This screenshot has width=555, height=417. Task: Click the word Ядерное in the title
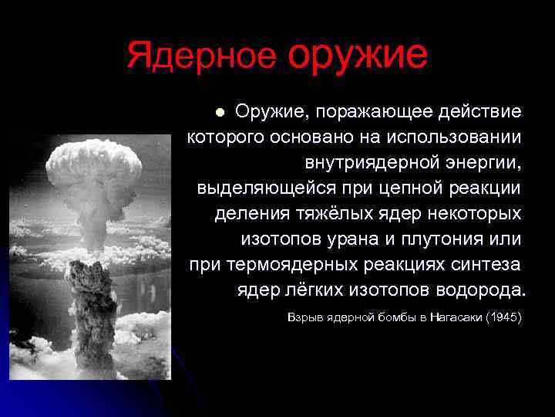click(x=201, y=56)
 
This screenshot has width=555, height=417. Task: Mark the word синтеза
click(x=485, y=264)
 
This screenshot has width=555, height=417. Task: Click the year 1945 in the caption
click(x=504, y=317)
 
